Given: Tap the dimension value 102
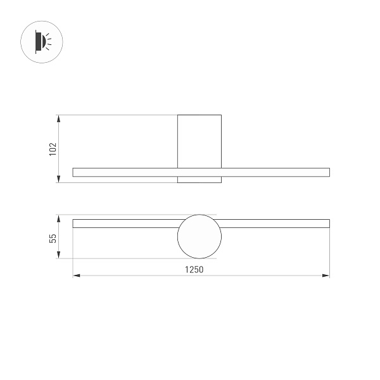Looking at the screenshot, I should point(53,149).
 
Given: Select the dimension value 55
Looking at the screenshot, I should point(53,237).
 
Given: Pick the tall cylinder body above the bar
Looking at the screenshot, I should point(199,141).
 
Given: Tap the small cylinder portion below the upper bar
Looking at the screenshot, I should point(199,179).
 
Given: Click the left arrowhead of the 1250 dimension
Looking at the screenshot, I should point(76,275).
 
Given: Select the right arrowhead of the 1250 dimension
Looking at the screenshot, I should point(326,275).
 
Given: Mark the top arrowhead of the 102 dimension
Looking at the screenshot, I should point(59,118).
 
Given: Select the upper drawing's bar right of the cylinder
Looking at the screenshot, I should point(275,172).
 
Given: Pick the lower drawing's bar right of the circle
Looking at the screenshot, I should point(275,223).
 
